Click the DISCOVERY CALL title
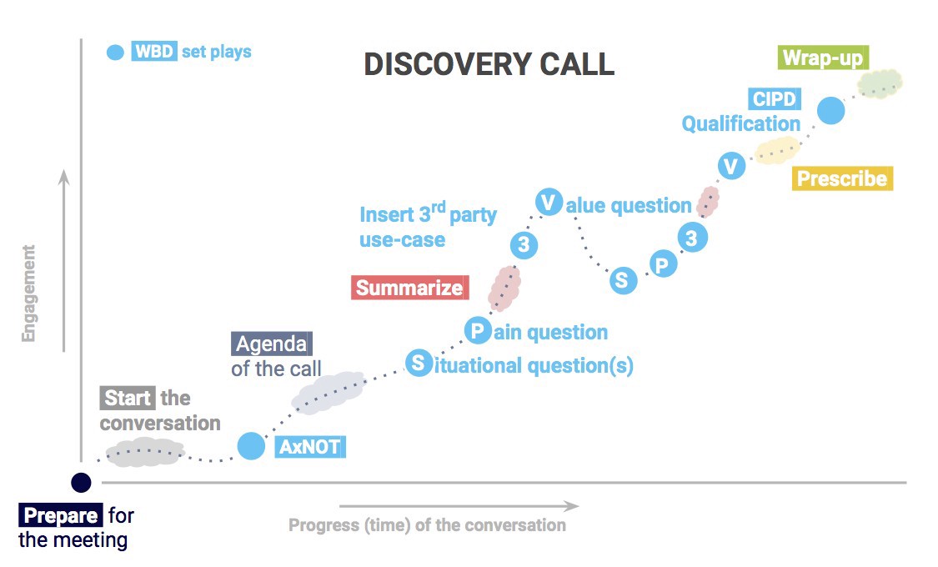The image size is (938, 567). (x=489, y=64)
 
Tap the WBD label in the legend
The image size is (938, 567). (x=154, y=52)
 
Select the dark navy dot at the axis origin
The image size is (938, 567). (x=81, y=482)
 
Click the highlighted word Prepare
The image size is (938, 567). (x=61, y=515)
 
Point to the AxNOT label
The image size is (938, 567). (x=309, y=447)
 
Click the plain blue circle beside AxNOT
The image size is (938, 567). (x=251, y=446)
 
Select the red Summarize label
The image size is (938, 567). (x=409, y=289)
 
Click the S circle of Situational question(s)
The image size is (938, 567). (x=418, y=363)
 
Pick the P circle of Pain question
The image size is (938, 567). (x=477, y=331)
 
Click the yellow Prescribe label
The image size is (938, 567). (x=841, y=178)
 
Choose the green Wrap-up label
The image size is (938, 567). (x=823, y=58)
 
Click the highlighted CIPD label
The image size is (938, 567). (x=774, y=100)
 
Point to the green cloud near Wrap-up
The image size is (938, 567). (x=880, y=83)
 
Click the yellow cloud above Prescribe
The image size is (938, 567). (x=776, y=150)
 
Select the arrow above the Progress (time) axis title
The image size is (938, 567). (x=459, y=505)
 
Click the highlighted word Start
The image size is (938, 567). (x=128, y=399)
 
